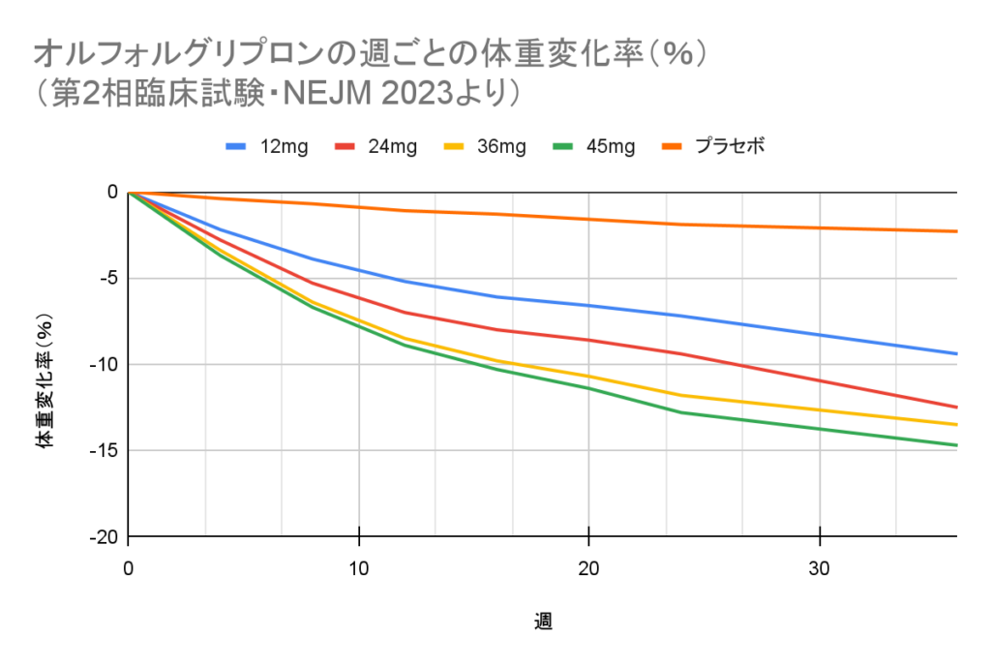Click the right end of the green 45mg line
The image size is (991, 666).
tap(955, 445)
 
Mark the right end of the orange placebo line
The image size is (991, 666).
tap(955, 231)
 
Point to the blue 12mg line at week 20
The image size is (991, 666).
tap(589, 306)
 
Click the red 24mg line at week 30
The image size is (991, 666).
tap(820, 380)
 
